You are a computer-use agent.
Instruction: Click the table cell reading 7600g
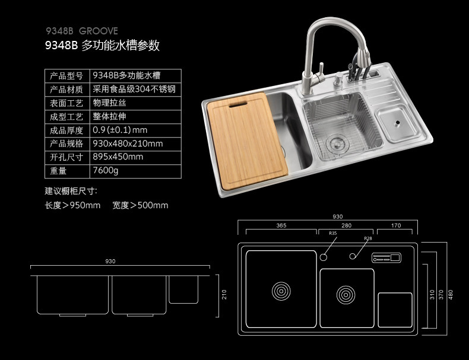coord(106,171)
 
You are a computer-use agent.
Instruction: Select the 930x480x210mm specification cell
coord(127,144)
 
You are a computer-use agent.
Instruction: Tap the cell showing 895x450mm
coord(118,157)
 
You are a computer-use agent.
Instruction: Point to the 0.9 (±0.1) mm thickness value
coord(119,130)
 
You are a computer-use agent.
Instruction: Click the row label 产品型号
coord(66,75)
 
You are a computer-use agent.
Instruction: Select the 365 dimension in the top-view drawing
coord(281,225)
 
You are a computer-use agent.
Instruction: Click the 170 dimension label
coord(397,225)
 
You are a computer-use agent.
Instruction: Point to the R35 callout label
coord(332,234)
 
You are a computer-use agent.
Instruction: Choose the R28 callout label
coord(368,238)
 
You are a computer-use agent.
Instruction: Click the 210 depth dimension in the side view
coord(224,294)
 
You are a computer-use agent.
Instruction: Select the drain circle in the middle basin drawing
coord(346,294)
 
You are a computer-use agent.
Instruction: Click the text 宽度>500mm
coord(140,205)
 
